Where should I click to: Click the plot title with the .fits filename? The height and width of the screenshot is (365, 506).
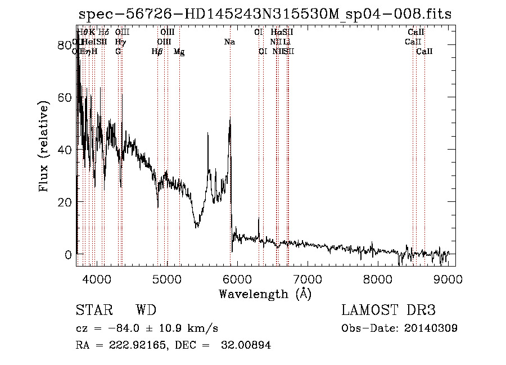265,14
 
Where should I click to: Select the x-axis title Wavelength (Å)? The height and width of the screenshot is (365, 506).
265,294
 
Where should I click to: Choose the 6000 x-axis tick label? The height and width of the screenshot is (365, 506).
237,278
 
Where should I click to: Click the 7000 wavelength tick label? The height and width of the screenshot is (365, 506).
308,278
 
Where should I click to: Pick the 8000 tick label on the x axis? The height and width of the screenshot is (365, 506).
378,278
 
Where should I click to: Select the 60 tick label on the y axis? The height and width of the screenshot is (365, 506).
65,98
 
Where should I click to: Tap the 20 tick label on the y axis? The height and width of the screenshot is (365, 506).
65,202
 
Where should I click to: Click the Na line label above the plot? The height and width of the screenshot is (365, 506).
229,42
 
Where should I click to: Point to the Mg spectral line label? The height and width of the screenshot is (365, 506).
179,52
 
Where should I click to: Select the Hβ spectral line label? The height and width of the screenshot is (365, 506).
157,52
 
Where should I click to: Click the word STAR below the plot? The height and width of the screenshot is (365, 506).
94,310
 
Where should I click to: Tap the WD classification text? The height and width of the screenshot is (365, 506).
146,310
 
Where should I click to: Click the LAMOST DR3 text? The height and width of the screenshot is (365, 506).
388,310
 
